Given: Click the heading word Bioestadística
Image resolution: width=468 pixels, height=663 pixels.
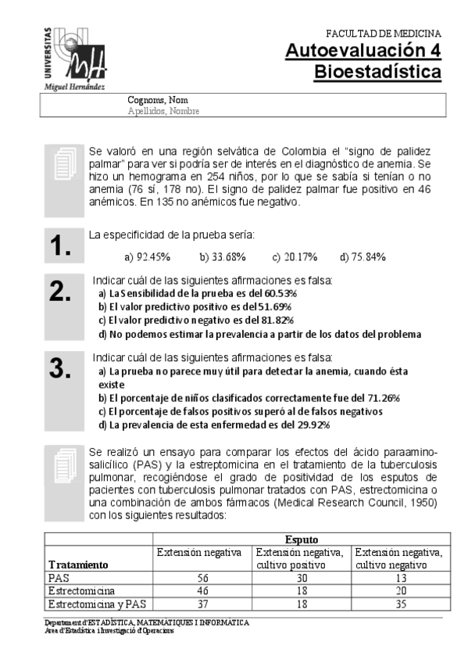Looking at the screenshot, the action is click(x=377, y=73).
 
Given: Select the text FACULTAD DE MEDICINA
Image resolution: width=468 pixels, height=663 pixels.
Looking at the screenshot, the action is click(x=383, y=34).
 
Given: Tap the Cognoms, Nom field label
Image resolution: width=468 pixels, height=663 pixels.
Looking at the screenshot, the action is click(x=157, y=100).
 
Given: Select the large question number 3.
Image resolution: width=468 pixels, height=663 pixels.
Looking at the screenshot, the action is click(x=60, y=368).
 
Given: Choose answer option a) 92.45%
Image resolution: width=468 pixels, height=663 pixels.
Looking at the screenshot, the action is click(x=148, y=256).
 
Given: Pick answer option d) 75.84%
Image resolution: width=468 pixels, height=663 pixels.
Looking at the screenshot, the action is click(x=363, y=256).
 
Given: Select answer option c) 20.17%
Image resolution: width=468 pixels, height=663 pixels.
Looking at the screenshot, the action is click(x=294, y=256).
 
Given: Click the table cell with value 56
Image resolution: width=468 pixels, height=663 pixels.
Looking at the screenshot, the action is click(x=201, y=577).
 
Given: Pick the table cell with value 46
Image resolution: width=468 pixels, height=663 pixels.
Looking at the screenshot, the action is click(x=201, y=590).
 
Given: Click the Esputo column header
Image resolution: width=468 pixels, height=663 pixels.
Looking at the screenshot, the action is click(x=301, y=539).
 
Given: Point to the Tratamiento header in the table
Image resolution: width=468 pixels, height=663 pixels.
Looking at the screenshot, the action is click(x=78, y=564).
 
